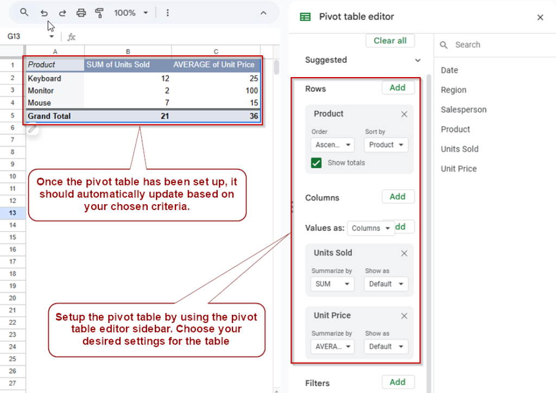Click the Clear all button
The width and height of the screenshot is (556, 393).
pyautogui.click(x=390, y=41)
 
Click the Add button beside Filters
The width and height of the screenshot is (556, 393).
pyautogui.click(x=397, y=382)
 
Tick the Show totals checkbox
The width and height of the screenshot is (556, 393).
pyautogui.click(x=317, y=163)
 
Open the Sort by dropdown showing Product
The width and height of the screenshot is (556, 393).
pyautogui.click(x=386, y=145)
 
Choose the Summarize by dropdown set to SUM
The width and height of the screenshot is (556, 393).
pyautogui.click(x=332, y=284)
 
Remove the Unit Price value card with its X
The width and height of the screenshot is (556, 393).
pyautogui.click(x=404, y=316)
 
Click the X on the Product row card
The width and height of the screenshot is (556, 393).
pyautogui.click(x=404, y=114)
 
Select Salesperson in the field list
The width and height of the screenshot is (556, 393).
pyautogui.click(x=464, y=110)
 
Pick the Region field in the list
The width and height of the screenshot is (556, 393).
pyautogui.click(x=453, y=90)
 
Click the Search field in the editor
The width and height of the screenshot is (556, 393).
pyautogui.click(x=489, y=45)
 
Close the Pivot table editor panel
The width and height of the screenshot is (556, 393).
pyautogui.click(x=540, y=17)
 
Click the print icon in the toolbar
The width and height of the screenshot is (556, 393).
pyautogui.click(x=81, y=12)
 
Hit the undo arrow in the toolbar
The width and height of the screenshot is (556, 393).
pyautogui.click(x=45, y=12)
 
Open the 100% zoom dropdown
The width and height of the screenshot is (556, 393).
pyautogui.click(x=131, y=12)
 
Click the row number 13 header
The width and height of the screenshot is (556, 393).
pyautogui.click(x=12, y=213)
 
